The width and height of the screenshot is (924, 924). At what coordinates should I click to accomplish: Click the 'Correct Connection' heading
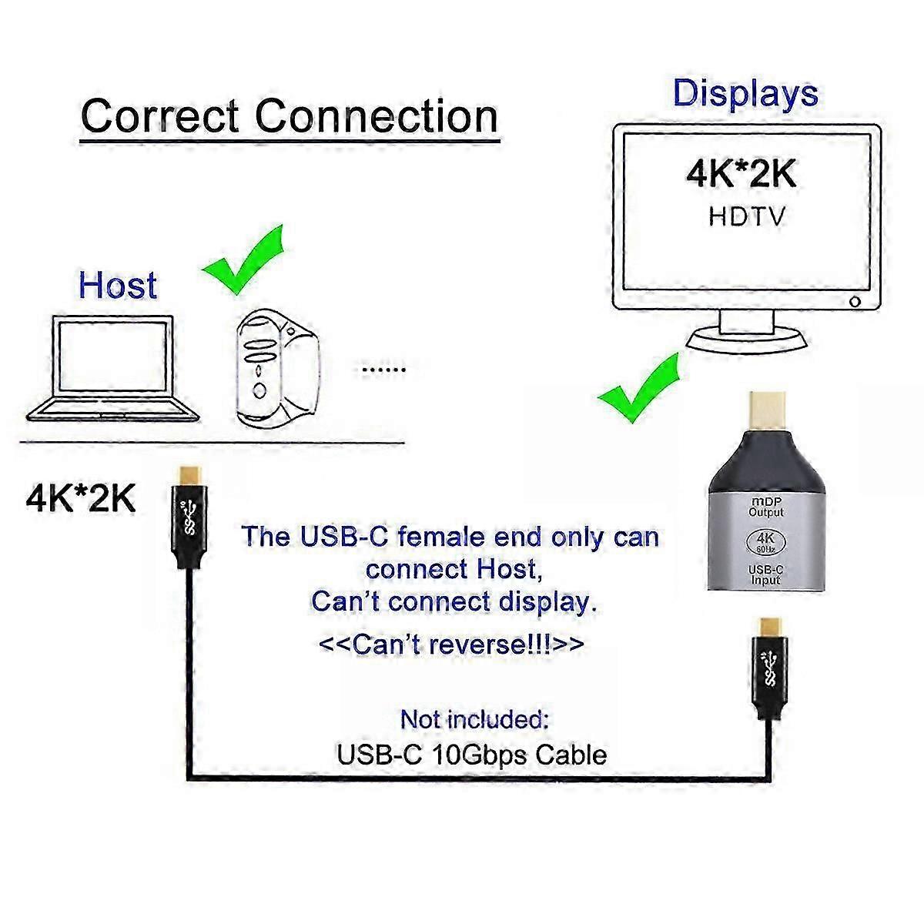pos(290,117)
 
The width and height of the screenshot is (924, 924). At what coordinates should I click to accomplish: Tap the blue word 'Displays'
pos(745,93)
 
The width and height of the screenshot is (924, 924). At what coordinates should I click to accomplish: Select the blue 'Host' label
pos(118,285)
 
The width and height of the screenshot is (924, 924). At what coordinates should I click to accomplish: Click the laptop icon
pos(114,370)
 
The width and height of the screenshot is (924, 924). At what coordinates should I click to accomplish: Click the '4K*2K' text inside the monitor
pos(742,175)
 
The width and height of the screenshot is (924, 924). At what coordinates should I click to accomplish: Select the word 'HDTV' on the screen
pos(746,216)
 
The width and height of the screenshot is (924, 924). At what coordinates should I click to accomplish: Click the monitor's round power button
pos(854,301)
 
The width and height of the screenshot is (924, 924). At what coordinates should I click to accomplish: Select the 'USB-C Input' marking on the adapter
pos(766,574)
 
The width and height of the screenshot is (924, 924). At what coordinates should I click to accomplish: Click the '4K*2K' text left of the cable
pos(81,499)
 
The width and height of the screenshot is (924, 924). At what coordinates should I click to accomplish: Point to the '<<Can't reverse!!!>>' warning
pos(451,643)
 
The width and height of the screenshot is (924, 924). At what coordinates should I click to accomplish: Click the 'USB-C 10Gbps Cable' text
pos(471,755)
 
